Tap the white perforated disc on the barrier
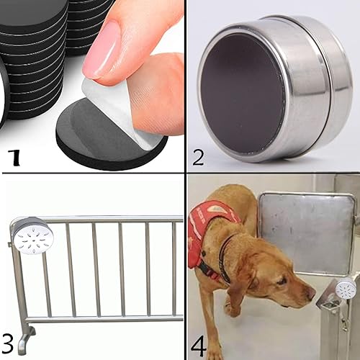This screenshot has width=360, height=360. pos(33,235)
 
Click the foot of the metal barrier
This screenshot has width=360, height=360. pos(26,338)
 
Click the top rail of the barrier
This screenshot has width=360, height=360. pos(108,220)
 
